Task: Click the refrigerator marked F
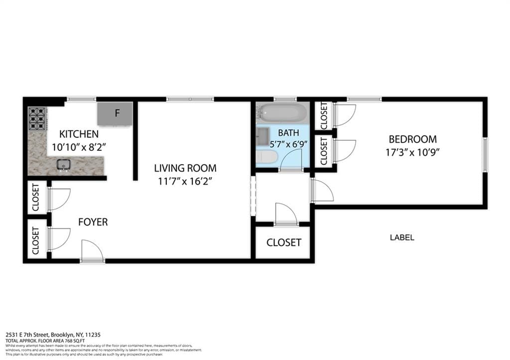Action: tap(115, 114)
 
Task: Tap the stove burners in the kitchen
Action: tap(37, 119)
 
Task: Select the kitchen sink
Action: tap(63, 164)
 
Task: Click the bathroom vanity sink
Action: tap(262, 134)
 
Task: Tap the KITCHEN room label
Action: tap(79, 134)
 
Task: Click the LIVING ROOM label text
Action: tap(185, 168)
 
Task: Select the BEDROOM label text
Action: tap(412, 139)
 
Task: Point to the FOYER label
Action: tap(93, 222)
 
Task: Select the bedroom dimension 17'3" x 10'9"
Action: tap(412, 152)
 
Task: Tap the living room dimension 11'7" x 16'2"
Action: tap(185, 181)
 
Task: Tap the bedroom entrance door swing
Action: tap(322, 191)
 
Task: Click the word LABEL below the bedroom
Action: tap(401, 238)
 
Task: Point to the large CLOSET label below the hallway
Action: tap(283, 242)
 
